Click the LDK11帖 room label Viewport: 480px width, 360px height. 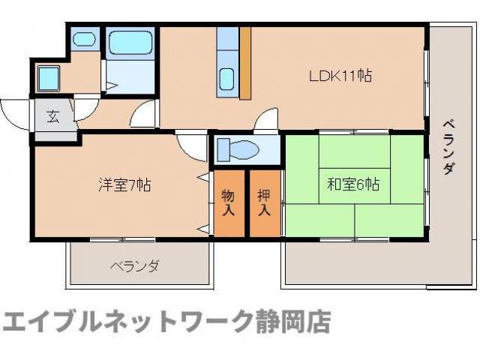341,76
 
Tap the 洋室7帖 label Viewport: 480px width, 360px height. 124,184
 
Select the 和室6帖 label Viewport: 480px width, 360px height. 352,184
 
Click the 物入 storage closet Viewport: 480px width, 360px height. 228,203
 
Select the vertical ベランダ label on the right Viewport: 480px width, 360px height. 447,146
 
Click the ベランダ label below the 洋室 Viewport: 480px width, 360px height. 135,266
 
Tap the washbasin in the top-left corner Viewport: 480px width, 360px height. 83,38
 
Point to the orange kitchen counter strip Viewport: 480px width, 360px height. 244,64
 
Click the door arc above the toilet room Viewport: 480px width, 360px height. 266,120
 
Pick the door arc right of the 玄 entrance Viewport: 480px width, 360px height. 85,106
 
